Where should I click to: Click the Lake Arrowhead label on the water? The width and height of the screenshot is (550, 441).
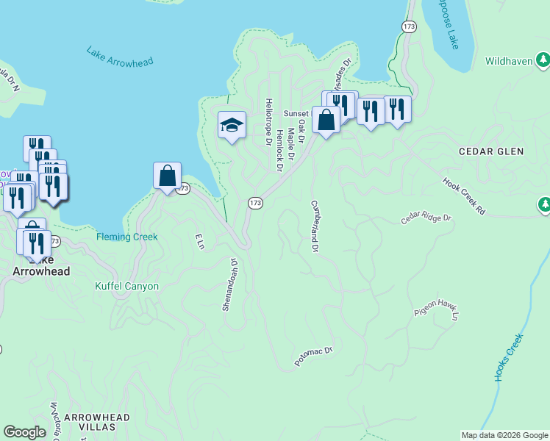tap(120, 57)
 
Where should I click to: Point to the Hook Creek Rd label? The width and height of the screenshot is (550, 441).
tap(464, 196)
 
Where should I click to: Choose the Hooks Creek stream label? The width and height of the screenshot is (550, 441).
tap(507, 358)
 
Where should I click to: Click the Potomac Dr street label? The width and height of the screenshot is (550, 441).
tap(314, 356)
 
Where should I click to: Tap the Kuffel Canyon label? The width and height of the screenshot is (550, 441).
tap(126, 286)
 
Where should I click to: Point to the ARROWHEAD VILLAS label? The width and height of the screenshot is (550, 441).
tap(97, 423)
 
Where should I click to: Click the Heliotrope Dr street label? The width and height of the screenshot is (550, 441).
tap(269, 121)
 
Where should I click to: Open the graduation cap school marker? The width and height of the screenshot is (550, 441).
tap(232, 126)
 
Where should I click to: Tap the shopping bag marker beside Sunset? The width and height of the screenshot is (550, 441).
tap(326, 119)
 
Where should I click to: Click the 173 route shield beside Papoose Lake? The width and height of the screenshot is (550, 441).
tap(410, 26)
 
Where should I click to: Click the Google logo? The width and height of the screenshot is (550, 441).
tap(24, 432)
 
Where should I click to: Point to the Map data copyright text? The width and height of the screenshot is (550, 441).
tap(504, 435)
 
